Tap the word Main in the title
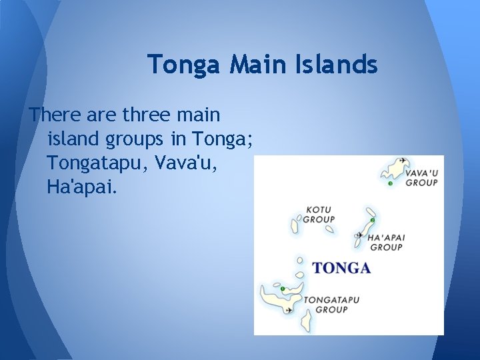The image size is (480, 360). click(x=247, y=65)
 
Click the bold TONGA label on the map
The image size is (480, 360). click(x=341, y=268)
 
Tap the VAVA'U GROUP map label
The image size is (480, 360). click(x=421, y=177)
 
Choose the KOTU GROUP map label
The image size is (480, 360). click(x=319, y=214)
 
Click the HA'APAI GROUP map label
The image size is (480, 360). click(x=386, y=242)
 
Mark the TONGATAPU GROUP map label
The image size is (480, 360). click(x=331, y=305)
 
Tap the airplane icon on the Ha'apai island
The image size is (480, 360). click(x=360, y=235)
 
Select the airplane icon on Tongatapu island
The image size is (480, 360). click(x=289, y=309)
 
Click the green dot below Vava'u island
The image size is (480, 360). click(x=390, y=183)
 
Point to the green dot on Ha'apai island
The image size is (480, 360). click(x=373, y=220)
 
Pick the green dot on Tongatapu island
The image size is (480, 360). click(x=283, y=289)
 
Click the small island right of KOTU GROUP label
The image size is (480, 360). click(x=329, y=229)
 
